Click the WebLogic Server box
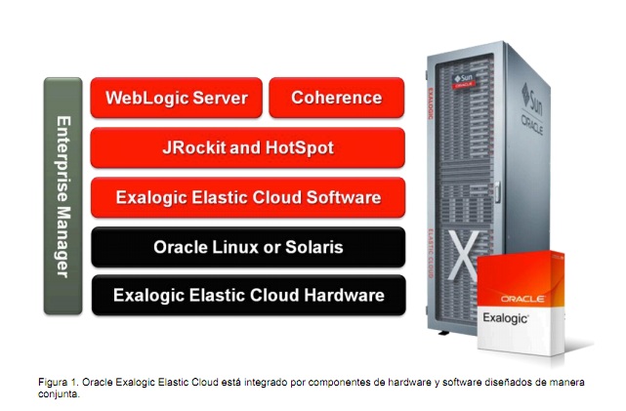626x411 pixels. pos(176,98)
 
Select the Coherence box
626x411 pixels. pos(336,98)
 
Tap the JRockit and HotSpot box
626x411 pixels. pos(247,147)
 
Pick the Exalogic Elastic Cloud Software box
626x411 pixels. pos(247,197)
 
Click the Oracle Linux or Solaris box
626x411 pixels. pos(247,247)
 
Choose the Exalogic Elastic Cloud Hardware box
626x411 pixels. pos(247,295)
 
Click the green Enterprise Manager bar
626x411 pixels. pos(63,195)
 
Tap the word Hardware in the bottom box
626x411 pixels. pos(344,295)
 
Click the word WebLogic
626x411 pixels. pos(144,98)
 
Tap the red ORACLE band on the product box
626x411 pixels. pos(522,298)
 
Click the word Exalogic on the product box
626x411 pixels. pos(505,318)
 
